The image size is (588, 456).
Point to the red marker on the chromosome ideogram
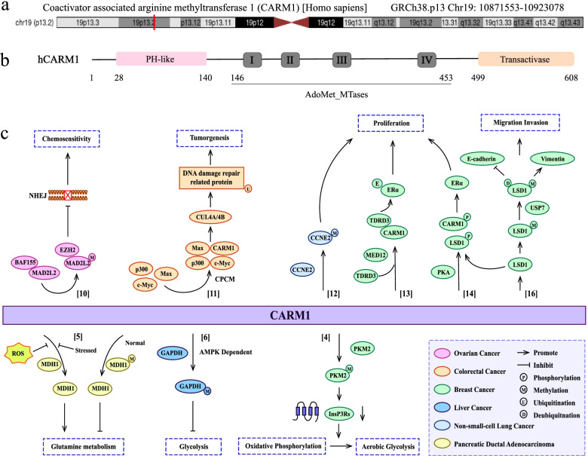[155, 23]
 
